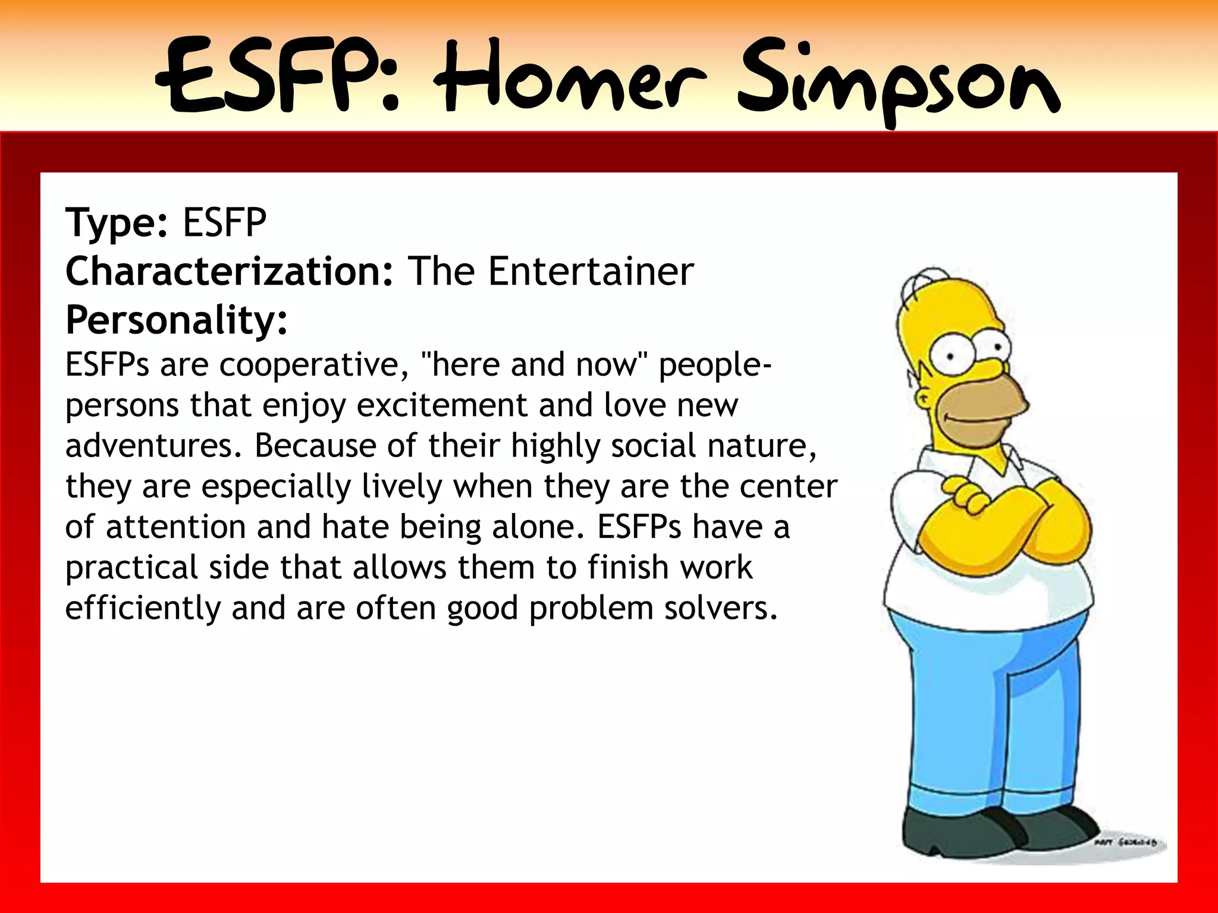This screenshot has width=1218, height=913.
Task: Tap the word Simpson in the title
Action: pos(898,80)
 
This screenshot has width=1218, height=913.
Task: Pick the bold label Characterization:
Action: pos(229,272)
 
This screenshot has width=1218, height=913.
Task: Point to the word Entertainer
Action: pos(591,272)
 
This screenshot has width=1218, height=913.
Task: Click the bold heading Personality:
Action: pos(177,320)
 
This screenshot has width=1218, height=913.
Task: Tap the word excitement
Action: pos(442,405)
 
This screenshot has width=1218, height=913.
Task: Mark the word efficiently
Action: pos(143,608)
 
